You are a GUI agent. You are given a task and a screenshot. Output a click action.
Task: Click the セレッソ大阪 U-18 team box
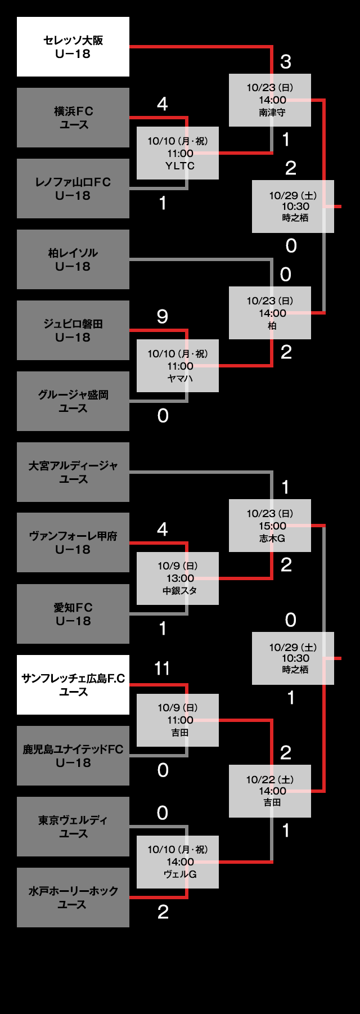point(73,47)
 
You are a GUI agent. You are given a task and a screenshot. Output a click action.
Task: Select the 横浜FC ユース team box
point(73,118)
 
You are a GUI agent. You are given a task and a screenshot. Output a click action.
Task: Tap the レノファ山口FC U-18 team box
point(73,189)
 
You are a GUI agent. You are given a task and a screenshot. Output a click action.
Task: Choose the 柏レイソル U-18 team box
point(73,259)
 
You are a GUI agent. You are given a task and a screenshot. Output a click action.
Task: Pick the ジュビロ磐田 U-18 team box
point(73,330)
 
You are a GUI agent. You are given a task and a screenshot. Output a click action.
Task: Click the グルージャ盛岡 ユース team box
point(73,401)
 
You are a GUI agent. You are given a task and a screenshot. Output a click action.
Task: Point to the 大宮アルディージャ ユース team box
point(73,472)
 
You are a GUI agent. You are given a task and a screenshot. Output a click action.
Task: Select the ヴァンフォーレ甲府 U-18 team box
point(73,542)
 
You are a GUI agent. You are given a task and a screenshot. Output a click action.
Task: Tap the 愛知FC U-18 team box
point(73,614)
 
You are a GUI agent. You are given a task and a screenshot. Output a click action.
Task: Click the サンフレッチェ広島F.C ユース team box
point(73,685)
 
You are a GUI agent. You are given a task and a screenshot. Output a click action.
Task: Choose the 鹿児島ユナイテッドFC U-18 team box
point(73,756)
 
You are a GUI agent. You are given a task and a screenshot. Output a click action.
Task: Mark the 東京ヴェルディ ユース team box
point(73,827)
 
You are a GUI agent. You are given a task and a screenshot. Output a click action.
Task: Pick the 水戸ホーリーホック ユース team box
point(73,898)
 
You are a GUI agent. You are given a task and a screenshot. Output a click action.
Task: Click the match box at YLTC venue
point(178,153)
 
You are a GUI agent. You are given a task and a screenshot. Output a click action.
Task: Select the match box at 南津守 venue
point(270,100)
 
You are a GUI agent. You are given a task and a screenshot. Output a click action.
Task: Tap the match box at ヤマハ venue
point(178,366)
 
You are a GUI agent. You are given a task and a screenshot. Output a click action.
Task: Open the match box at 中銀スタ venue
point(178,578)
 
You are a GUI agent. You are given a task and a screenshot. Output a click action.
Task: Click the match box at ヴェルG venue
point(178,862)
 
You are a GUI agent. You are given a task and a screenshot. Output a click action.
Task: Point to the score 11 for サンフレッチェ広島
point(162,668)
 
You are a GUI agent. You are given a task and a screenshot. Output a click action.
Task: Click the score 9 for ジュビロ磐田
point(163,316)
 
